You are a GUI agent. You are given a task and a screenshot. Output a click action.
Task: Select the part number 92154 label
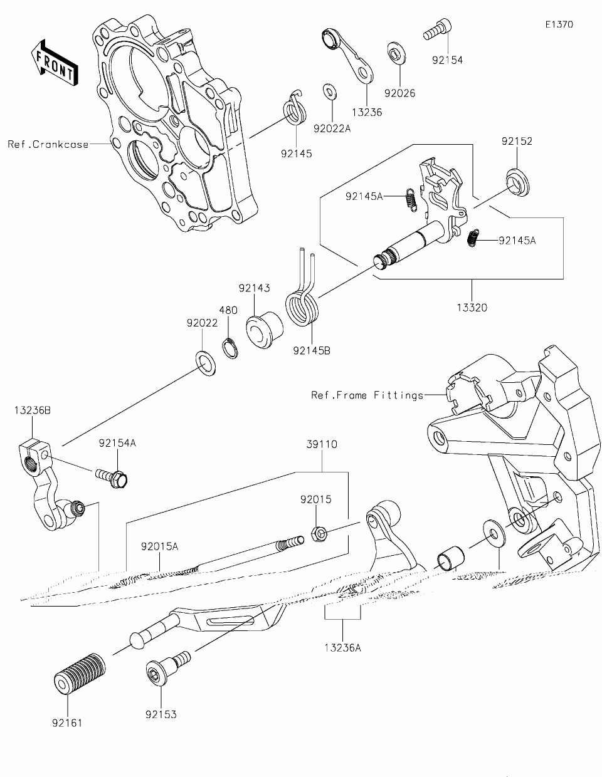(447, 60)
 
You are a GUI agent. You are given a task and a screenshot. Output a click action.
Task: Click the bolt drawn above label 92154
(436, 29)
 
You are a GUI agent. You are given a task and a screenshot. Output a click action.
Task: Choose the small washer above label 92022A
(329, 92)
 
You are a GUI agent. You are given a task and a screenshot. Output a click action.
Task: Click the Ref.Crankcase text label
(48, 144)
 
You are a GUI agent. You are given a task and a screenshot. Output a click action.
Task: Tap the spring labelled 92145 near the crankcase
(295, 110)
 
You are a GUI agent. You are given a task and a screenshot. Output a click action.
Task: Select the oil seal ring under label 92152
(517, 182)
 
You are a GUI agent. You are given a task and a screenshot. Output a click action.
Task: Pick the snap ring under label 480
(230, 346)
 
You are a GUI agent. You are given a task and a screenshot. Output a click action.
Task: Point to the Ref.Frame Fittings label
(367, 395)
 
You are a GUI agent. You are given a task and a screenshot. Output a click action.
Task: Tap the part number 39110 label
(322, 444)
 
